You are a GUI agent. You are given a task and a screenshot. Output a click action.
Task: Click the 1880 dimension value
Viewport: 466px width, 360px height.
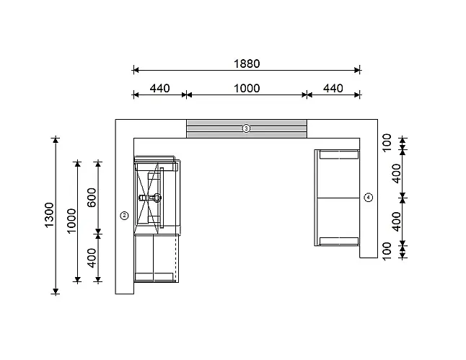[x=247, y=63]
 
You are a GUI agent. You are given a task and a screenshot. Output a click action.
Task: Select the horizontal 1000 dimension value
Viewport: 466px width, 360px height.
[x=247, y=88]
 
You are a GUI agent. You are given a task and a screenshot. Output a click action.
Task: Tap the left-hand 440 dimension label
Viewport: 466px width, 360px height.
[x=159, y=88]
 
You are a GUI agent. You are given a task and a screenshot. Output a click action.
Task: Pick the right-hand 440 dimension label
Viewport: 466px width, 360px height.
[x=333, y=88]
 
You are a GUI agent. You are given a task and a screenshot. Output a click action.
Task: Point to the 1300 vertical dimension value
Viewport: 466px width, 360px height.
[x=49, y=215]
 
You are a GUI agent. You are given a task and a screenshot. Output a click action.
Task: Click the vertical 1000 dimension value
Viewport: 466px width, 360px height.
[x=71, y=221]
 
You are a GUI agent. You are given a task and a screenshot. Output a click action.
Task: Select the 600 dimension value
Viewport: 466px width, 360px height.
[x=92, y=198]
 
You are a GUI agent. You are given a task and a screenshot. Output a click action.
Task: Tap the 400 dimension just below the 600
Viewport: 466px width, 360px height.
[x=92, y=258]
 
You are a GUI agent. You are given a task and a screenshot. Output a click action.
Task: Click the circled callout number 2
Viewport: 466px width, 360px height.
[x=124, y=216]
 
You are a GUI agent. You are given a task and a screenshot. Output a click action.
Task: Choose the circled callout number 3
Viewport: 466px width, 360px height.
[x=246, y=128]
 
